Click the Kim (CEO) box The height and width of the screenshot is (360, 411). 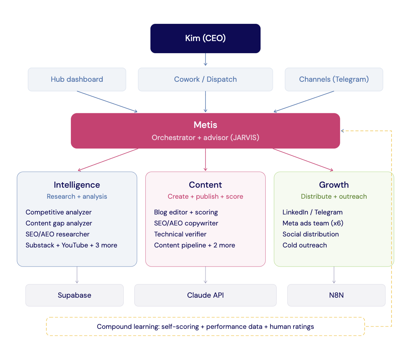pos(205,38)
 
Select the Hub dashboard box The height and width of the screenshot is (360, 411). pos(77,79)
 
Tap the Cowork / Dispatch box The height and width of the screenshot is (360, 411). pos(205,79)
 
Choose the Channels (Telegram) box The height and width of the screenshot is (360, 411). pos(334,79)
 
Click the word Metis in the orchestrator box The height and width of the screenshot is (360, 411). pos(205,125)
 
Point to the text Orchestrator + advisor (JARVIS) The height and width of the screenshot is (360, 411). pos(205,138)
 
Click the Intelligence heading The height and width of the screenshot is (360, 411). pos(77,185)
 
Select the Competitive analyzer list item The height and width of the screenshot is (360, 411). pos(59,212)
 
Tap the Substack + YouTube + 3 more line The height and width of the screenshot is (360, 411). pos(72,245)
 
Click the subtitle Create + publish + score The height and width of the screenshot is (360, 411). pos(205,196)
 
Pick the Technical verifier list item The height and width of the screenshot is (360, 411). pos(180,234)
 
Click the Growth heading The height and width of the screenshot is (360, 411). pos(334,185)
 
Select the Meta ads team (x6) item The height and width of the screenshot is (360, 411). pos(313,223)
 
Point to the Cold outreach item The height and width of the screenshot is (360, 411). pos(305,245)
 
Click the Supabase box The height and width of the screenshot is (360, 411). pos(74,295)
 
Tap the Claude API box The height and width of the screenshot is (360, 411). pos(205,295)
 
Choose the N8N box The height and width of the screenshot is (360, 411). pos(336,295)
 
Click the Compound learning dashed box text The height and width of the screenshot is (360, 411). pos(205,326)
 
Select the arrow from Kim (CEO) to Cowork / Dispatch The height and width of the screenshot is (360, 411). pos(205,59)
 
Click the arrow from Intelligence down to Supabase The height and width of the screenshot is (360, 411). pos(77,275)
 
